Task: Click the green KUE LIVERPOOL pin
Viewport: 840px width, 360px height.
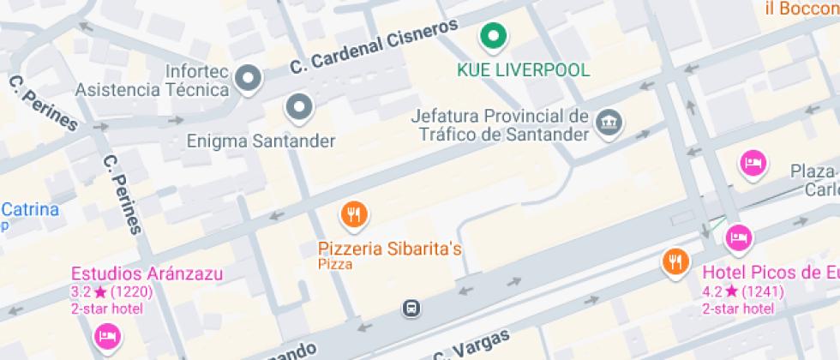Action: (x=493, y=37)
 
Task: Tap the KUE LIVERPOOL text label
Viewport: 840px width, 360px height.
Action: (x=525, y=69)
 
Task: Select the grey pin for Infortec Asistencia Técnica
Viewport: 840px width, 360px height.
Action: (x=249, y=79)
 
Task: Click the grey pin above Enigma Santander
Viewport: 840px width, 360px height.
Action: (x=299, y=107)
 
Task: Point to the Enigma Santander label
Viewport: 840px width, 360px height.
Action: (x=261, y=141)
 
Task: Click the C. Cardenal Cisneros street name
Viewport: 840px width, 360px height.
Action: (x=375, y=47)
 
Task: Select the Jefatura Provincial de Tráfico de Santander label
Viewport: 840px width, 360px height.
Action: (x=501, y=125)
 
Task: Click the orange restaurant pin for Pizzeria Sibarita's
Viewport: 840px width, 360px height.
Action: (x=354, y=214)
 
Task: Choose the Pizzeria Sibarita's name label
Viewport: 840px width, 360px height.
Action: (x=390, y=249)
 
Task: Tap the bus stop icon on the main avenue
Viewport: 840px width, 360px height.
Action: (x=412, y=307)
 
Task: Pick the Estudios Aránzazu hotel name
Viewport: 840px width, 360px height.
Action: (x=147, y=274)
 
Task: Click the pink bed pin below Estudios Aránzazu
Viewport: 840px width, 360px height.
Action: (x=107, y=335)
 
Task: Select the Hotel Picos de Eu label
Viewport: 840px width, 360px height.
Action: (x=770, y=273)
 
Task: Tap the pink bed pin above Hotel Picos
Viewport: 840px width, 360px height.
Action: (x=740, y=237)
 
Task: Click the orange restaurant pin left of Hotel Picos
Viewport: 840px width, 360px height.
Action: (x=675, y=261)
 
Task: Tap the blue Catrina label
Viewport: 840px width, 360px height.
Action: (x=29, y=210)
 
